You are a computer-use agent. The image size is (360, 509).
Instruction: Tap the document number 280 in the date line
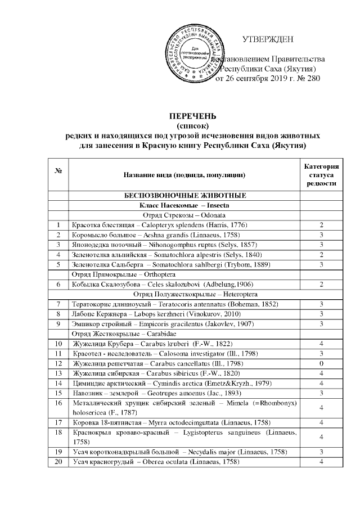coord(313,79)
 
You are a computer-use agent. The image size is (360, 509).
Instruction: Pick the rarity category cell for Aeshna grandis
coord(321,235)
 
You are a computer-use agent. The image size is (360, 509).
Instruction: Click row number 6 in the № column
coord(58,285)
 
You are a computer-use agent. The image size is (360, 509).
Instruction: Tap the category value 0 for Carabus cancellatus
coord(321,364)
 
